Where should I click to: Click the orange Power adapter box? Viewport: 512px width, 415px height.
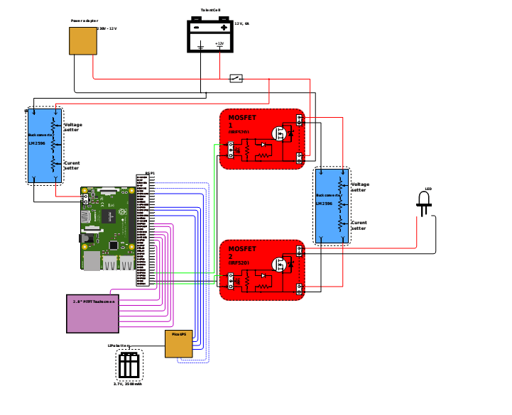click(x=82, y=41)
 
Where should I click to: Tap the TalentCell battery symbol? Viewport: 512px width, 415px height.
click(x=209, y=35)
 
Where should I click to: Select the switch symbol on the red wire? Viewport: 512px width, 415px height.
click(x=236, y=78)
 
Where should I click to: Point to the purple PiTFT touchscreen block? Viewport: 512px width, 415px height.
click(x=92, y=313)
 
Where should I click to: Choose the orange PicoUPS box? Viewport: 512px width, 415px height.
click(x=179, y=344)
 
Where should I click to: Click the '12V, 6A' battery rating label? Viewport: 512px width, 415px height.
click(x=241, y=23)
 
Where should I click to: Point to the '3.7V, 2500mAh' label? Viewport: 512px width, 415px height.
click(x=128, y=384)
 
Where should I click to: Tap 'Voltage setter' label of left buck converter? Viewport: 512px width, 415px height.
click(x=72, y=127)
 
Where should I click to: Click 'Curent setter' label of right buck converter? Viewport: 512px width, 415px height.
click(x=359, y=226)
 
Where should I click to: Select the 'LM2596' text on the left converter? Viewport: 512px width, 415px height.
click(x=36, y=143)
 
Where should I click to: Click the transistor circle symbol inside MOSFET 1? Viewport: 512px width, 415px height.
click(x=281, y=133)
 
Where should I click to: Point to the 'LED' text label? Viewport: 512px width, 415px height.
click(x=427, y=189)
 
